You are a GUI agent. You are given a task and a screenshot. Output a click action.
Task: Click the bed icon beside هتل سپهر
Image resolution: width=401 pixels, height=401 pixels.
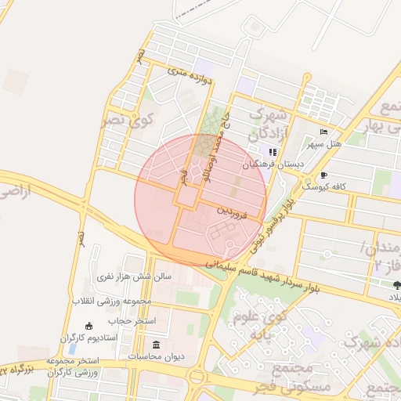324,132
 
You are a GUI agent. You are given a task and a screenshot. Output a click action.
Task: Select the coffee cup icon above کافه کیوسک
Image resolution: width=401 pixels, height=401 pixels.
324,175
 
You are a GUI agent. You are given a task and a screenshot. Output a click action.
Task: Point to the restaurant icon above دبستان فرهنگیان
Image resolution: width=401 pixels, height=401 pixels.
272,152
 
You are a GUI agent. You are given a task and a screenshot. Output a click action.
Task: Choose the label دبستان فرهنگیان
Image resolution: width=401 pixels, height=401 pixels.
272,164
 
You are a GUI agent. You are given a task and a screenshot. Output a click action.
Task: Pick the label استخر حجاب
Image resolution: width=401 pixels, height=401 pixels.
134,321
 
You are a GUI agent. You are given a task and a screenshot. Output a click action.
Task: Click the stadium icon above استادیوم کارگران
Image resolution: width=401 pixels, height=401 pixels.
89,326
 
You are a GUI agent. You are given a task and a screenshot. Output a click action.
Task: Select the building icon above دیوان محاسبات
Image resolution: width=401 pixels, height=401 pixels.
156,345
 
